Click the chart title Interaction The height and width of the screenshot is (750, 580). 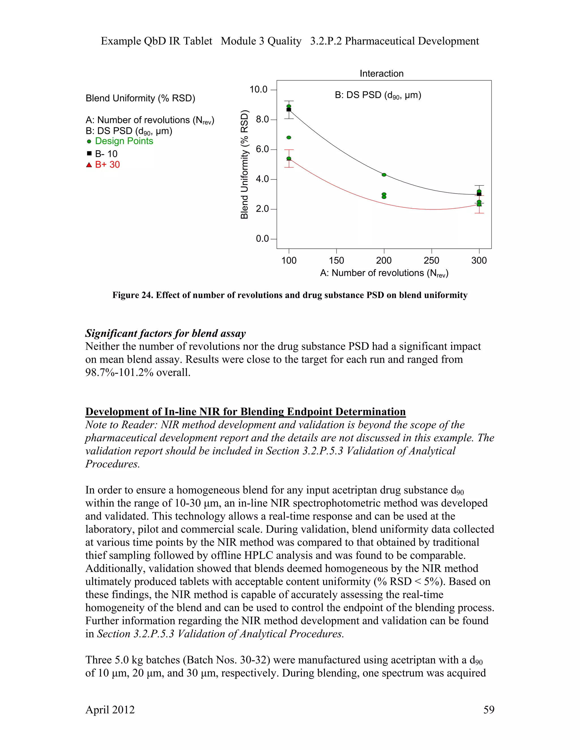381,74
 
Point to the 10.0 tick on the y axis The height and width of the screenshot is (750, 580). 258,90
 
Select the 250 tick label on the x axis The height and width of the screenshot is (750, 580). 431,261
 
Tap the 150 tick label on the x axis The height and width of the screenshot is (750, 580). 336,261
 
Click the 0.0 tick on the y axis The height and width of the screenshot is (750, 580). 262,239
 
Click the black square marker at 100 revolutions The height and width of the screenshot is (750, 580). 289,110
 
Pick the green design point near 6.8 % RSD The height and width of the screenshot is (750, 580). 289,137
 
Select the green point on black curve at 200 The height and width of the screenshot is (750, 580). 384,175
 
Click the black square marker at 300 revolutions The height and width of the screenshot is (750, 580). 479,194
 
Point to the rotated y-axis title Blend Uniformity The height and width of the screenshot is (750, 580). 244,164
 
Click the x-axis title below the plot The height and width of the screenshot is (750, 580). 384,273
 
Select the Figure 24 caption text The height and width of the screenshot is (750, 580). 290,295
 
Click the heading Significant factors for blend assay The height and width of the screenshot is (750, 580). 165,333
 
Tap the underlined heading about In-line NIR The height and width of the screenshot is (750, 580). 245,412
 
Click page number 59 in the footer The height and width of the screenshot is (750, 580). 489,710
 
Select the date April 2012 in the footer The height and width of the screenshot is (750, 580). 110,710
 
